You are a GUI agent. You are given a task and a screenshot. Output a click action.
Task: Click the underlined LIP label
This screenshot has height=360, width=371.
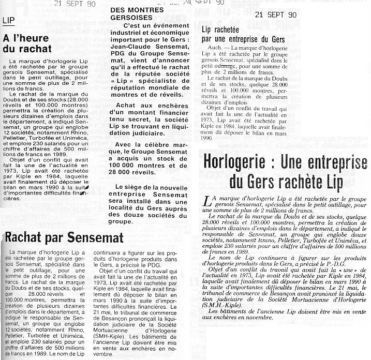(8, 21)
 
